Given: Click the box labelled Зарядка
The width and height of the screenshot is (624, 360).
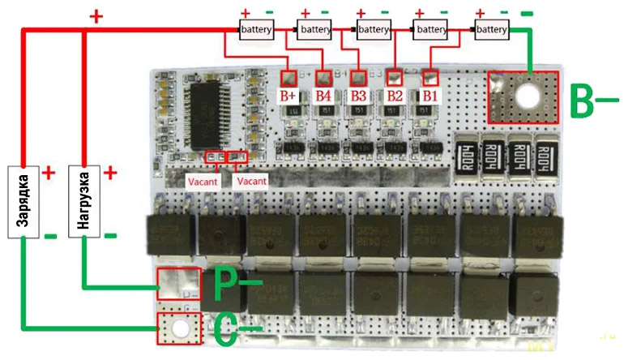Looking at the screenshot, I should (25, 202).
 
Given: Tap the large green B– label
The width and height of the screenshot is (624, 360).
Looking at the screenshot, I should (594, 101).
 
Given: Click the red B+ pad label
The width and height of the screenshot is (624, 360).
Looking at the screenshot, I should (289, 96).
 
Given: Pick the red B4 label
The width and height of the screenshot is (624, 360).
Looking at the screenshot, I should (323, 96).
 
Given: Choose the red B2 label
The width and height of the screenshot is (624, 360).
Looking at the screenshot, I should (395, 96).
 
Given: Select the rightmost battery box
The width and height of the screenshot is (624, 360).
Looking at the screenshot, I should (491, 29).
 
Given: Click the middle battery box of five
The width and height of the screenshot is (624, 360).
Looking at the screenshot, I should (374, 29).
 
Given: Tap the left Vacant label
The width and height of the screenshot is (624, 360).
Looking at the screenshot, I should (202, 182).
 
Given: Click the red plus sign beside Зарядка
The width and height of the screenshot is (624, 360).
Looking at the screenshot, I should (48, 173).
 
